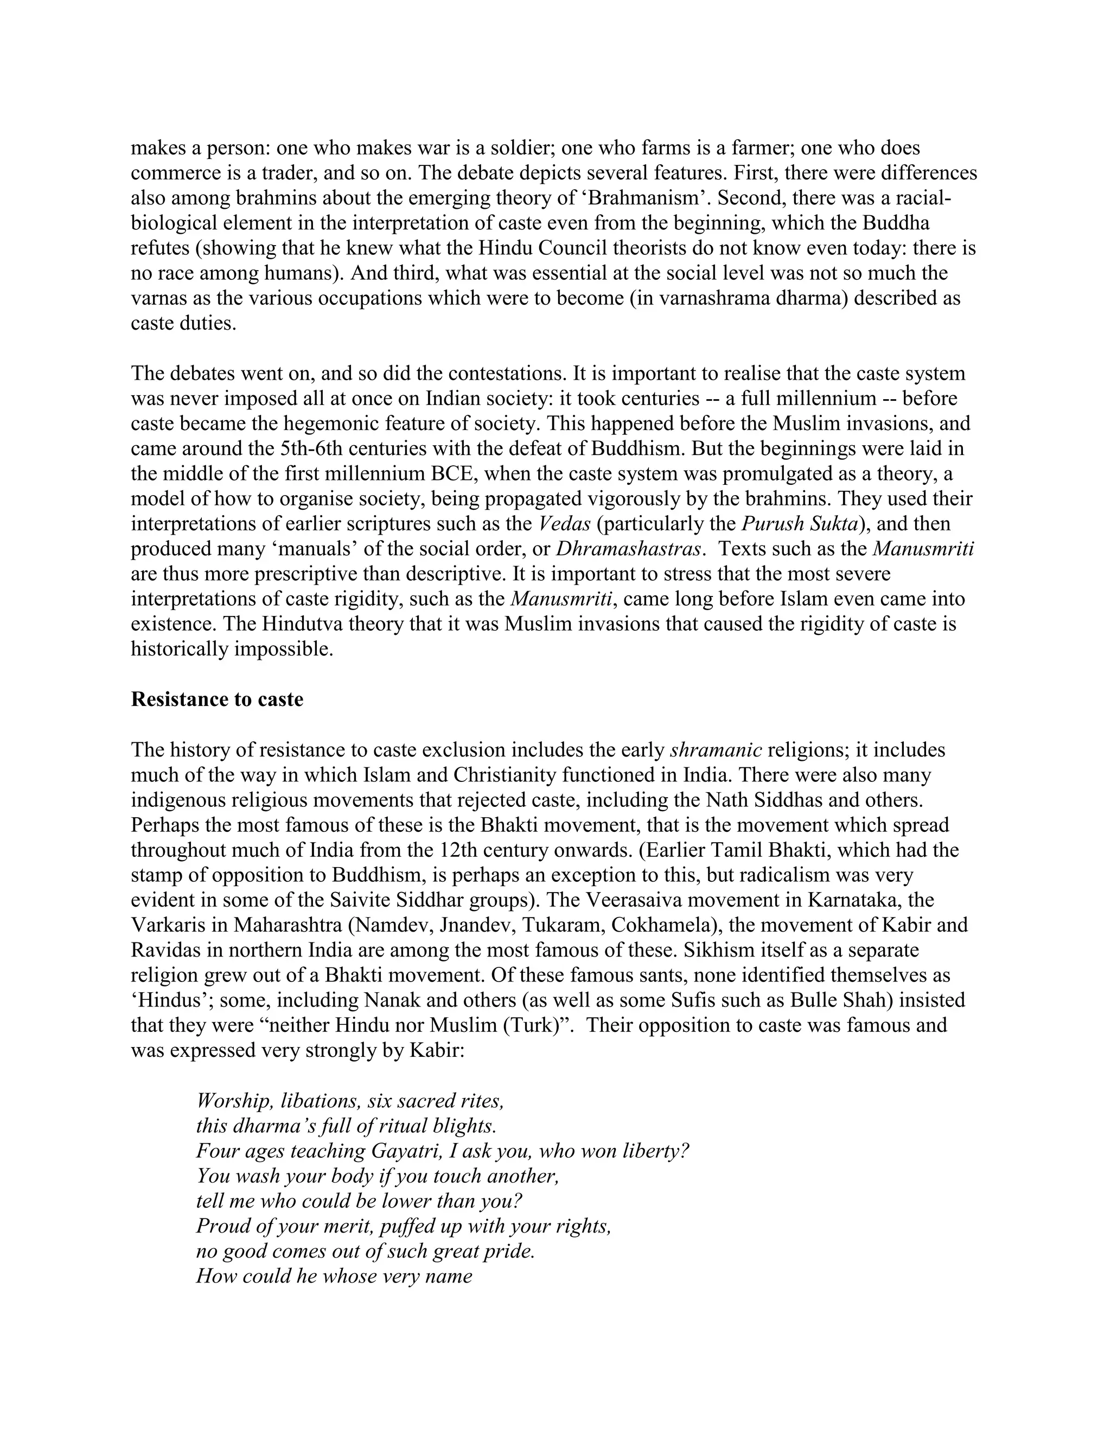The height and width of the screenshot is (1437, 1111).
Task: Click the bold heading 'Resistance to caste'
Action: coord(217,700)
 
